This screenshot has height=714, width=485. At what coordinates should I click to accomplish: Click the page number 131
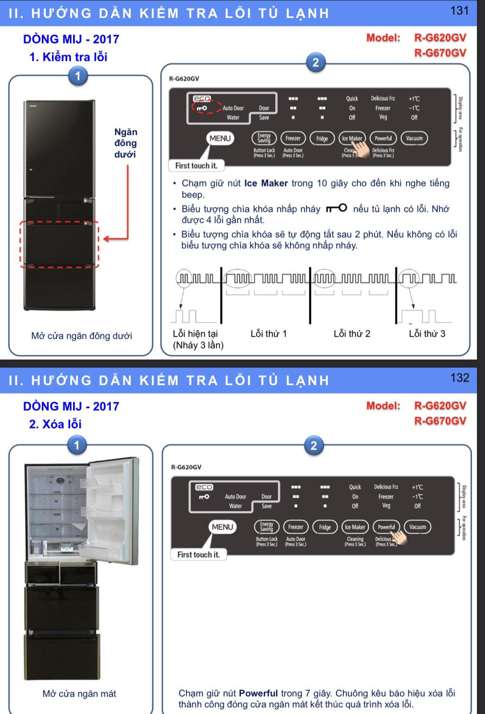460,11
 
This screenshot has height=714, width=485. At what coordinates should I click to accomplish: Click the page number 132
460,378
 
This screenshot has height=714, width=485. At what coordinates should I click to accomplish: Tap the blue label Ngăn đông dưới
126,143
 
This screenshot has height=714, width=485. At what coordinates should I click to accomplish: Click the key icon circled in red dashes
202,108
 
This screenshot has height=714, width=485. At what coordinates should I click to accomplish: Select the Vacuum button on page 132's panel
417,527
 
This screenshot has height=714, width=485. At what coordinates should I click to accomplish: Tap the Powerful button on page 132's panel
386,527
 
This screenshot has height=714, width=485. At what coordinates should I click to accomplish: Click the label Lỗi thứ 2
352,334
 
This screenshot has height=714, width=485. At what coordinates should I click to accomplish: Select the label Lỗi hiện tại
195,334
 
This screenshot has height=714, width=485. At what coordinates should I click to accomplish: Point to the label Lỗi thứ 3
427,334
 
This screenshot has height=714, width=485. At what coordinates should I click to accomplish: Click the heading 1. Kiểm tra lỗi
68,57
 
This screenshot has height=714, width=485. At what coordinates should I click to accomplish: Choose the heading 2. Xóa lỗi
55,424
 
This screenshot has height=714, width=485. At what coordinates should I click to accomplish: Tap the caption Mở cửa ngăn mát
79,694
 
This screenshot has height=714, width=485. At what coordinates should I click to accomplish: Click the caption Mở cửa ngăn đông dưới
82,336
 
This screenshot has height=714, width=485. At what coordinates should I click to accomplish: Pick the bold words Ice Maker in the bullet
266,184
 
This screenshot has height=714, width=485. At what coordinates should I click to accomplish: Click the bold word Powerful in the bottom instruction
258,693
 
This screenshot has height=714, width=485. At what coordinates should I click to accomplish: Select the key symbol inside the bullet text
337,209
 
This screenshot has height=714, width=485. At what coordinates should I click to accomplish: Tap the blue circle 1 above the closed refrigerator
77,77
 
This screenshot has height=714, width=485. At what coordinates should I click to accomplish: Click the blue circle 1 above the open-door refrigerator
77,445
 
